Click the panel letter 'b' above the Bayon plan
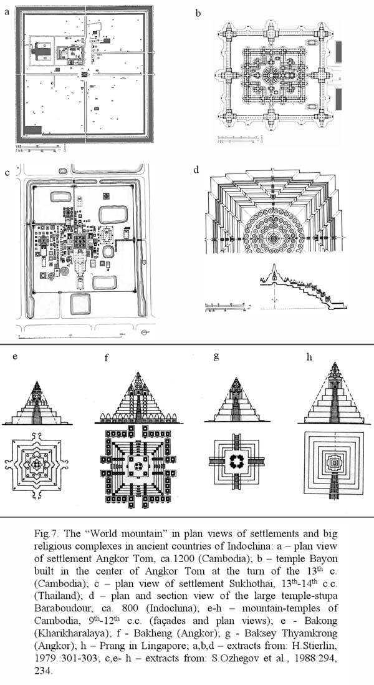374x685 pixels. [x=198, y=12]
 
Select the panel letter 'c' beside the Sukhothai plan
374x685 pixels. [x=7, y=173]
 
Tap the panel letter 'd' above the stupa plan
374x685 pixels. [x=197, y=170]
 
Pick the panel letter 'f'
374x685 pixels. [x=107, y=358]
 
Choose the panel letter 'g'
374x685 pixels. [x=216, y=357]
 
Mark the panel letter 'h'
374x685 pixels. [x=310, y=356]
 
